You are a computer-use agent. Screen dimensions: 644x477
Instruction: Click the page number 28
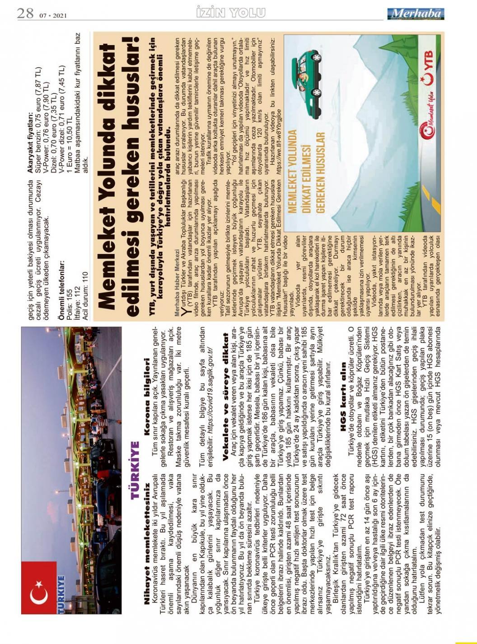(x=25, y=13)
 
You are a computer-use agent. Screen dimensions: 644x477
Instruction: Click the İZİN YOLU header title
(x=231, y=13)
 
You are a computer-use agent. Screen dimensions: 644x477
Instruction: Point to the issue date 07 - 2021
(x=53, y=15)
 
